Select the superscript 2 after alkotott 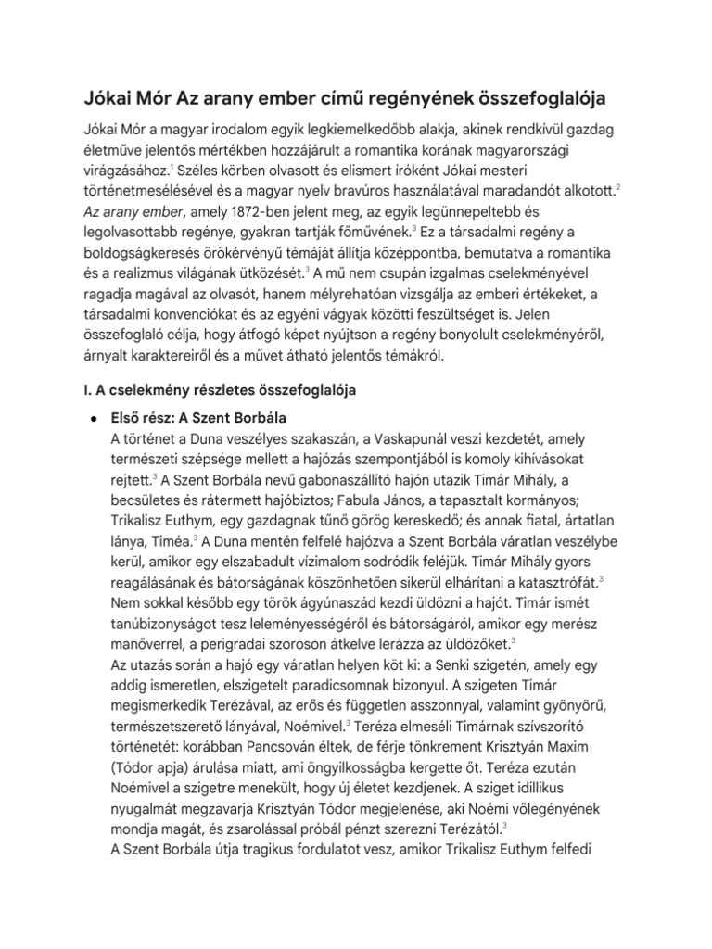coord(617,187)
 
